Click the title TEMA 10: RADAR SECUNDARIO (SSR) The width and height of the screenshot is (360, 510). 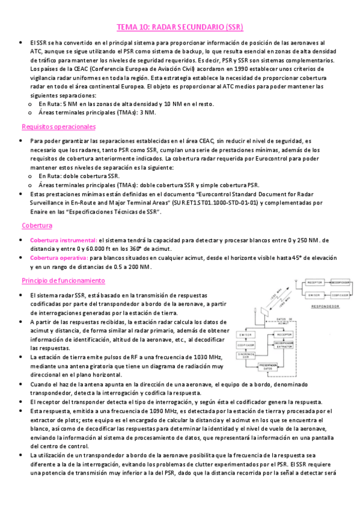pyautogui.click(x=180, y=28)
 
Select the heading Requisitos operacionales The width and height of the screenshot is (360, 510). pyautogui.click(x=58, y=127)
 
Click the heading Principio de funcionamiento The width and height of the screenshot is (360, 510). pyautogui.click(x=63, y=281)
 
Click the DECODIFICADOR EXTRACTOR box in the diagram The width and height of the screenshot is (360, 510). pyautogui.click(x=290, y=345)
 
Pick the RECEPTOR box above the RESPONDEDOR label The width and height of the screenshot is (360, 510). pyautogui.click(x=314, y=282)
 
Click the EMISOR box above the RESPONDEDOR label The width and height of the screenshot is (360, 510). pyautogui.click(x=314, y=295)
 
